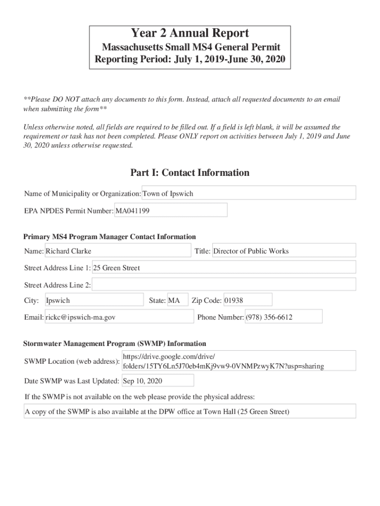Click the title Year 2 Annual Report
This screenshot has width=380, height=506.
190,34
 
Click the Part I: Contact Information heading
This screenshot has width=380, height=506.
190,172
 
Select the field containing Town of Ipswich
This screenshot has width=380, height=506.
249,193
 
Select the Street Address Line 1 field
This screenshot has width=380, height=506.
224,268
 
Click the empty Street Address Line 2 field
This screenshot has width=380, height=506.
224,285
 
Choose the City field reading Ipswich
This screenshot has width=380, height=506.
94,300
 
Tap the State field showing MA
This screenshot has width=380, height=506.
177,300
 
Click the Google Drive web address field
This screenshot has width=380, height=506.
238,361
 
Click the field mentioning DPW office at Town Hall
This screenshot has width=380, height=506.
190,411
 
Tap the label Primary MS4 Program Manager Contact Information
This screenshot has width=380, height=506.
110,237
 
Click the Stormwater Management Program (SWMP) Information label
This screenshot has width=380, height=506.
114,343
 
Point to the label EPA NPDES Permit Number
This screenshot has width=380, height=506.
69,211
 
